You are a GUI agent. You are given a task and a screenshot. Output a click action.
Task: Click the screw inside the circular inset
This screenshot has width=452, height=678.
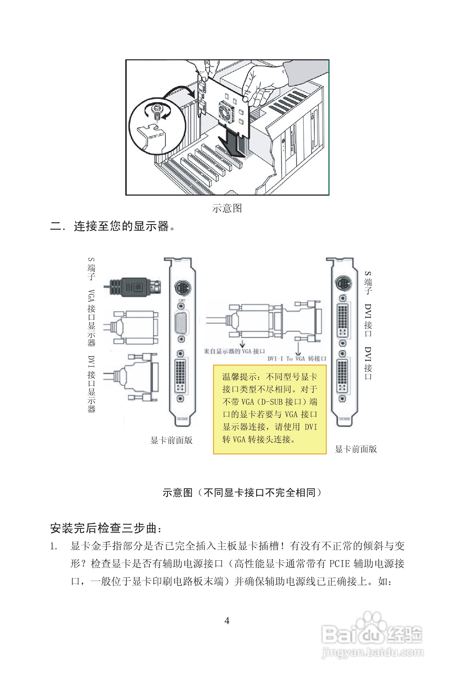click(157, 112)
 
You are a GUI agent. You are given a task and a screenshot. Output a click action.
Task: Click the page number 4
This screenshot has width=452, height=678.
click(227, 620)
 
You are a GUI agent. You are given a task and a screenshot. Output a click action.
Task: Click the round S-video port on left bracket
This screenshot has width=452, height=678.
click(182, 288)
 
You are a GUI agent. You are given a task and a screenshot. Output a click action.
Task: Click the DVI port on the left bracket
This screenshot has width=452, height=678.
click(180, 376)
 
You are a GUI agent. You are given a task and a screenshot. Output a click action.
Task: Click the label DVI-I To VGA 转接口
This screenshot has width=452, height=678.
click(297, 359)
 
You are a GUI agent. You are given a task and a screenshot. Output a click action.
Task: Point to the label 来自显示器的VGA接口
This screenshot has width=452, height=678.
click(234, 351)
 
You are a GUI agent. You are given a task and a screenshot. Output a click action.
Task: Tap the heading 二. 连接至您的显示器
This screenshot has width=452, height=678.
click(112, 226)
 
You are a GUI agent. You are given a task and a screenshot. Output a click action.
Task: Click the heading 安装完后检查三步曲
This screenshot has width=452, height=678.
click(106, 528)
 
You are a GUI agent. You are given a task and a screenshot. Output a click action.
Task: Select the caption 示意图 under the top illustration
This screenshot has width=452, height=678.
click(227, 208)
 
